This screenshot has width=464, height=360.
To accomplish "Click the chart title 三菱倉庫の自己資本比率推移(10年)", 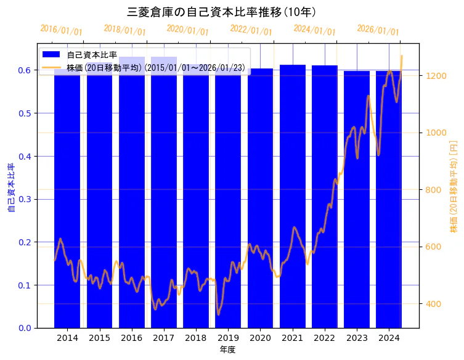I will [222, 12].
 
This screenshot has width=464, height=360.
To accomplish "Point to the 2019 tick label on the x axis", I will [228, 338].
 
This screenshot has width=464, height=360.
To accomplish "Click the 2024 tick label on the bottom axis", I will [389, 338].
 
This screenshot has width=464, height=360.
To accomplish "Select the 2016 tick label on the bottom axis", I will [132, 338].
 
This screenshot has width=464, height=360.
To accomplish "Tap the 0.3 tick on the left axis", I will [25, 199].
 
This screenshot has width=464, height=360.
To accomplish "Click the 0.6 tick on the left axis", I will [25, 70].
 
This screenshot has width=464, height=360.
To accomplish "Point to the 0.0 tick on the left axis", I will [25, 328].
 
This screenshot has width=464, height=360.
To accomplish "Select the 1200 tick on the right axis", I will [435, 76].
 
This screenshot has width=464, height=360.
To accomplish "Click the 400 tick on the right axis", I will [433, 304].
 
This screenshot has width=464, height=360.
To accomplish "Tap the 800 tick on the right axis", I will [433, 190].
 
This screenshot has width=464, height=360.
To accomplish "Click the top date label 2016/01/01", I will [61, 30].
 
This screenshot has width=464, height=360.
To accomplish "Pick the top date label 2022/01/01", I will [251, 30].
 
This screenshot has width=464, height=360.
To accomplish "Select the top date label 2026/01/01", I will [378, 30].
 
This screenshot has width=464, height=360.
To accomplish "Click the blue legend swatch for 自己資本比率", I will [52, 55].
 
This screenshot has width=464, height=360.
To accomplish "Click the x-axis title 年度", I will [228, 350].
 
